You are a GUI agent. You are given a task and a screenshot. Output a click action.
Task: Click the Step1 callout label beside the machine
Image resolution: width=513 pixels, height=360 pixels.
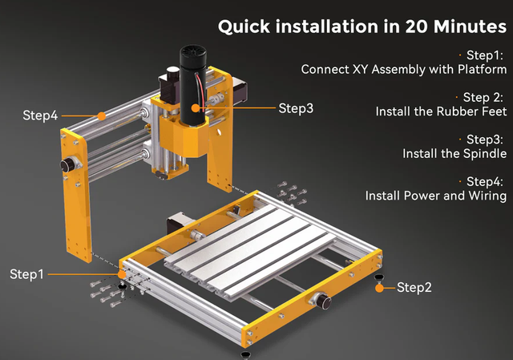(26, 274)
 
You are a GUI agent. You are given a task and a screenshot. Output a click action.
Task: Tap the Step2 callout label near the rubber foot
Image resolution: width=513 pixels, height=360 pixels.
(414, 287)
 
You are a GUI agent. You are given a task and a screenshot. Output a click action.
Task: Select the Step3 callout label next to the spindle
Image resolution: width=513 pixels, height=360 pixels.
(296, 108)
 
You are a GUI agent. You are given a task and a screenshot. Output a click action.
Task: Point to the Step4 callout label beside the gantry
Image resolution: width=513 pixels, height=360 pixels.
(40, 115)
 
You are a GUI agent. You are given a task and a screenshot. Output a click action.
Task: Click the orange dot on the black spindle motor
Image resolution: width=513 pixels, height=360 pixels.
(196, 108)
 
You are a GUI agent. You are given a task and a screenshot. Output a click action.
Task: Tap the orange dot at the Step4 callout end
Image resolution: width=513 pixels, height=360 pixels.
(102, 115)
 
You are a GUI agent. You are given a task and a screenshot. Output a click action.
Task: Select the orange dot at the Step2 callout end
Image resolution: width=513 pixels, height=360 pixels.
(379, 288)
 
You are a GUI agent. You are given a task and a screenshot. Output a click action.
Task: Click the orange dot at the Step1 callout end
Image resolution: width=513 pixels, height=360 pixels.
(122, 274)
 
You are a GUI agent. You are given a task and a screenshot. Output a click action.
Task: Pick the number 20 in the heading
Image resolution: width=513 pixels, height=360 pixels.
(417, 26)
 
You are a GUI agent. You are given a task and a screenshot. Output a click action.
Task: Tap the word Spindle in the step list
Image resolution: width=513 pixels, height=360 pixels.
(485, 153)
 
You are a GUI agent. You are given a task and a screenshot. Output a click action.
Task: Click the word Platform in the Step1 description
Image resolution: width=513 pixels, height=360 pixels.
(482, 70)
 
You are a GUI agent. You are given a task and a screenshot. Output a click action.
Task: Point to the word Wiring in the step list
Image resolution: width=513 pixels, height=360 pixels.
(487, 196)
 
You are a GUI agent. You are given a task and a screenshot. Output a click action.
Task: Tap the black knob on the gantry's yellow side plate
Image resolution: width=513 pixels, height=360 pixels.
(67, 165)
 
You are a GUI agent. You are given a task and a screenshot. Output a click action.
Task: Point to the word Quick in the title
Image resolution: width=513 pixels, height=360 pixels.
(244, 26)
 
